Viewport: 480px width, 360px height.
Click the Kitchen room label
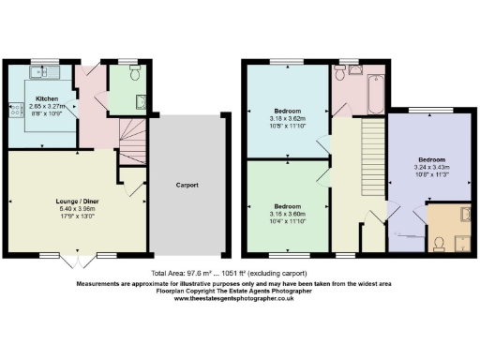48,97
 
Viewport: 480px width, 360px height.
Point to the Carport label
187,185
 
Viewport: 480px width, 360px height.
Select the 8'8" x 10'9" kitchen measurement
48,112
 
